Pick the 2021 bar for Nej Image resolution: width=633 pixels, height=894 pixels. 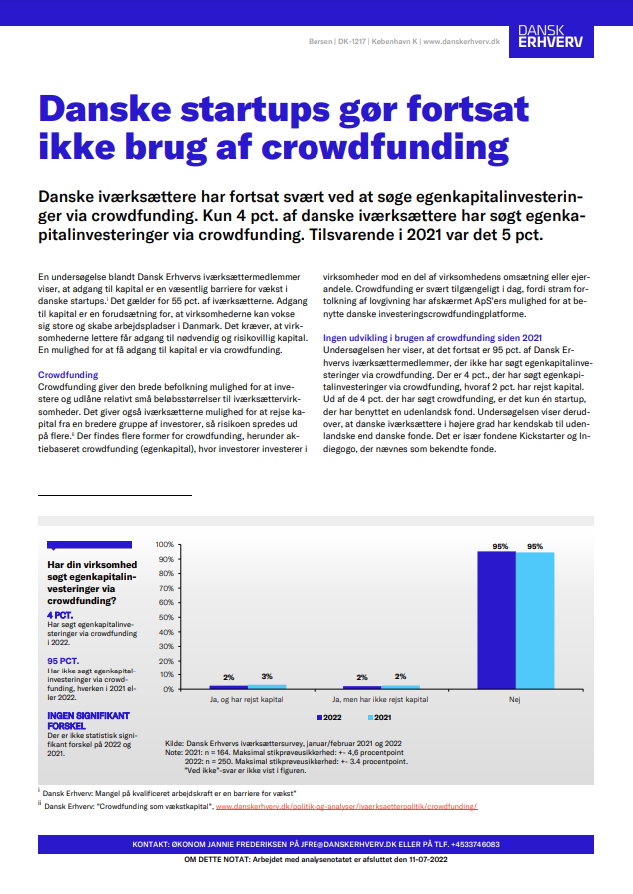pos(535,620)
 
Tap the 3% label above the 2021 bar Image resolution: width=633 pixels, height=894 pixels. pos(267,677)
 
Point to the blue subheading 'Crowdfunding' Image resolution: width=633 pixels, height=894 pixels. pos(67,374)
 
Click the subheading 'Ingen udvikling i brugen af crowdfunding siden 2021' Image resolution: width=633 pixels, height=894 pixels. pos(434,339)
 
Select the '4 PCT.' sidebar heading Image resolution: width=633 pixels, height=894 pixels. pos(61,615)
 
